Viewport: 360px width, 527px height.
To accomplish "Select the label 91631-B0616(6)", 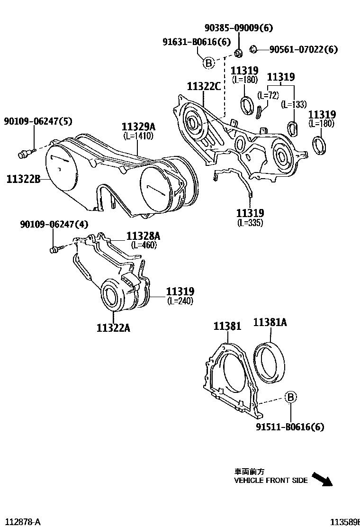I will pyautogui.click(x=196, y=43).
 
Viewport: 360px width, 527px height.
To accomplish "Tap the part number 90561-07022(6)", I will pyautogui.click(x=304, y=49).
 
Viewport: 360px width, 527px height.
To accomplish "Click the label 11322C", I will pyautogui.click(x=204, y=86).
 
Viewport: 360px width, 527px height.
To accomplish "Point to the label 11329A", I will pyautogui.click(x=138, y=127).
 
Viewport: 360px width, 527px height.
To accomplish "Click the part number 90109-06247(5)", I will pyautogui.click(x=38, y=122).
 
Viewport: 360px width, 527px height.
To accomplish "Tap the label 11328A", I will pyautogui.click(x=143, y=236).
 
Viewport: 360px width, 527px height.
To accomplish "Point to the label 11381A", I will pyautogui.click(x=270, y=323).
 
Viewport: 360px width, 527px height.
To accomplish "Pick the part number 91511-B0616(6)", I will pyautogui.click(x=290, y=427).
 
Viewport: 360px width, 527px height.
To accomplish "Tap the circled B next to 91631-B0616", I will pyautogui.click(x=208, y=63).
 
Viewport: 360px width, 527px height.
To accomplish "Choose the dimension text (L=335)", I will pyautogui.click(x=250, y=223).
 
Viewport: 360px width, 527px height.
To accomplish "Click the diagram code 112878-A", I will pyautogui.click(x=21, y=522).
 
